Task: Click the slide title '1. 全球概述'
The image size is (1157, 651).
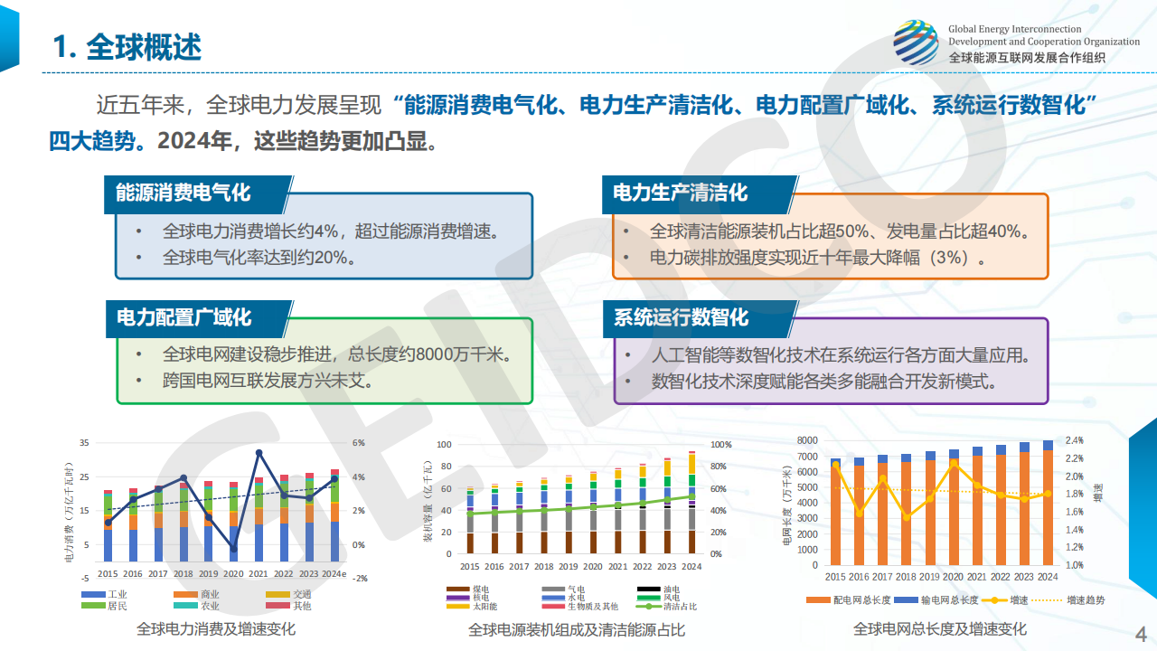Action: pos(127,47)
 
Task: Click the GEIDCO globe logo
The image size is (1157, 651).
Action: pos(916,42)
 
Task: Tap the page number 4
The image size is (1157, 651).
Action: pos(1140,633)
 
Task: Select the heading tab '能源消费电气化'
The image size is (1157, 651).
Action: pos(183,193)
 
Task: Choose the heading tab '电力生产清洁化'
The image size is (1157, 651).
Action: pos(681,193)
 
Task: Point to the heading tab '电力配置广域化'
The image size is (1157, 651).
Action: pos(183,317)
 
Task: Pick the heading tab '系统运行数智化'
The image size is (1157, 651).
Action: pos(681,317)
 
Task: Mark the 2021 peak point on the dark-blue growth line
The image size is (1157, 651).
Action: pos(259,452)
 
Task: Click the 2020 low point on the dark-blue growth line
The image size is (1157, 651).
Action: pos(233,549)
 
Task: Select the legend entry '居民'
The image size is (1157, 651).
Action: pos(117,606)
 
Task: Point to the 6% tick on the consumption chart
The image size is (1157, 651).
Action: pos(358,443)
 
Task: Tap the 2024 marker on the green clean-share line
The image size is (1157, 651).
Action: pos(691,496)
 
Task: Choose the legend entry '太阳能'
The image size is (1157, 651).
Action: pos(485,607)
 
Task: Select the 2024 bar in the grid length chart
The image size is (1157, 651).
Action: pos(1048,502)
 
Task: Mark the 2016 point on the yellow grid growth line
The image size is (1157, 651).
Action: pos(859,513)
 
